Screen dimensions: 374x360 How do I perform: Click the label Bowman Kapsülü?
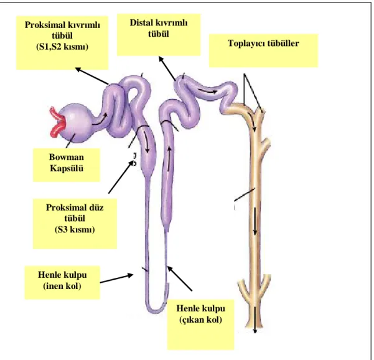[x=67, y=163]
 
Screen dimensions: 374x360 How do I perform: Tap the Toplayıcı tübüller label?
[x=263, y=44]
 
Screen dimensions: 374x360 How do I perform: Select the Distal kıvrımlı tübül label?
[x=159, y=28]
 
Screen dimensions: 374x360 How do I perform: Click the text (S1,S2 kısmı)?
[x=62, y=47]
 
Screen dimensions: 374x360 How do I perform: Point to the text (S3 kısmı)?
[x=75, y=229]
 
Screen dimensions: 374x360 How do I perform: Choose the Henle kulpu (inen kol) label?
[x=62, y=280]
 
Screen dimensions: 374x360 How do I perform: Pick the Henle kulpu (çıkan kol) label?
[x=200, y=314]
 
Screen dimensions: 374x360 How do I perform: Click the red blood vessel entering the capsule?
[x=58, y=123]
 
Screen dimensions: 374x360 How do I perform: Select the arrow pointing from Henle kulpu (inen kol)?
[x=116, y=278]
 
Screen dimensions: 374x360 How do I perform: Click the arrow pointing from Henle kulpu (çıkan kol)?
[x=180, y=278]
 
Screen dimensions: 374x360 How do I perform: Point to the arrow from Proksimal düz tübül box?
[x=121, y=177]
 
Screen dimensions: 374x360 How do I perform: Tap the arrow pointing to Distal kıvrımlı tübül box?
[x=167, y=69]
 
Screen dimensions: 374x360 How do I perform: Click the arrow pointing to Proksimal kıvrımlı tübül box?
[x=92, y=76]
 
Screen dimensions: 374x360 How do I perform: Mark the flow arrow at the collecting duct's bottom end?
[x=255, y=320]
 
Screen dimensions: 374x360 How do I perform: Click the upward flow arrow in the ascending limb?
[x=169, y=159]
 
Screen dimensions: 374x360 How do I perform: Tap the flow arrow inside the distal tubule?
[x=208, y=91]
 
